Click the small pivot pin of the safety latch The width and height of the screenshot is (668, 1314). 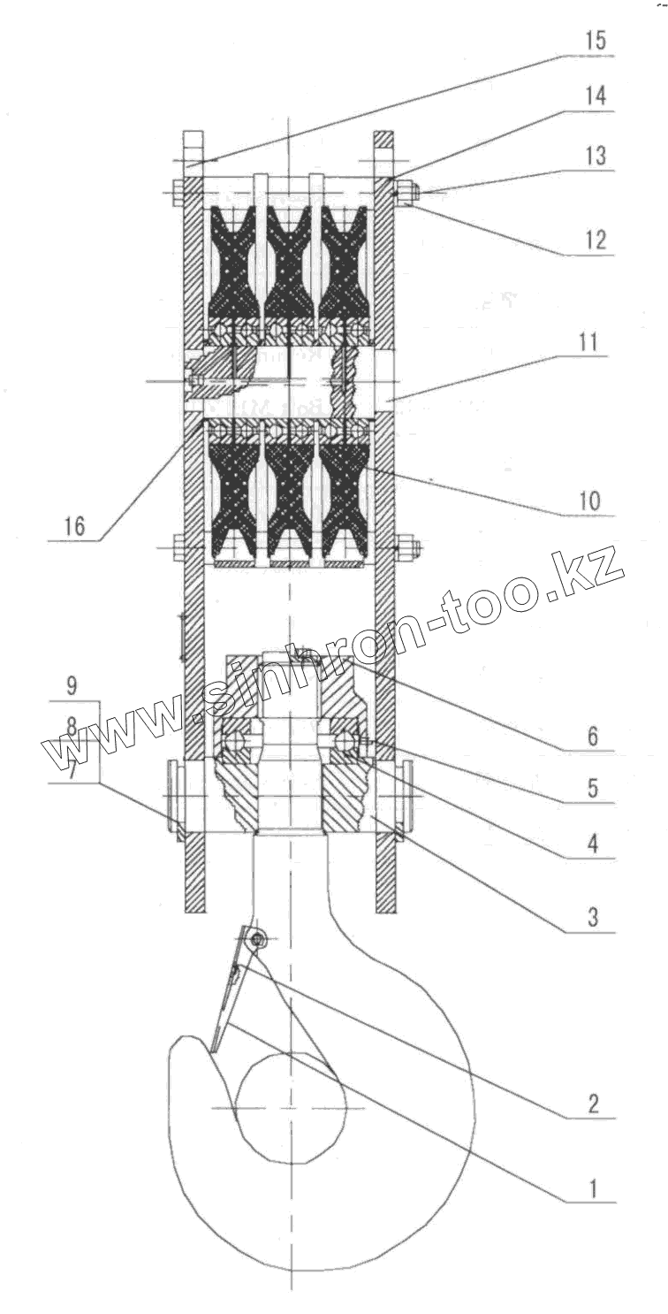point(257,939)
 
